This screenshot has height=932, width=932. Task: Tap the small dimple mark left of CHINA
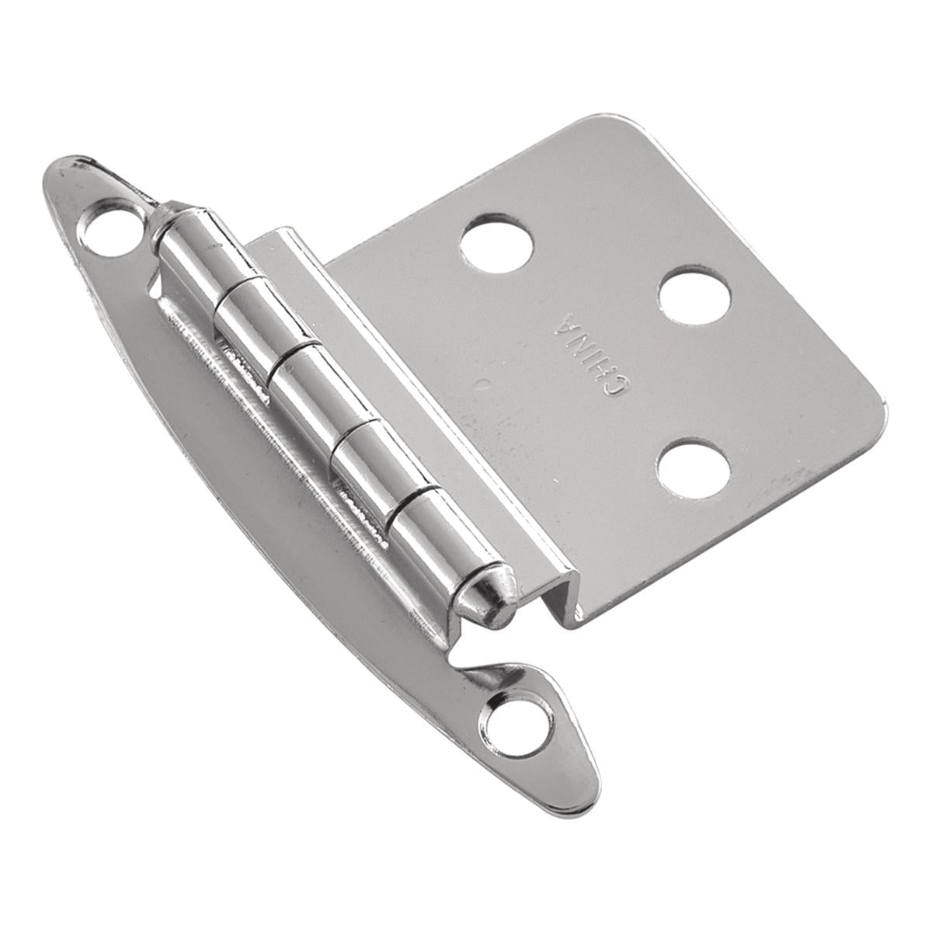483,382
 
